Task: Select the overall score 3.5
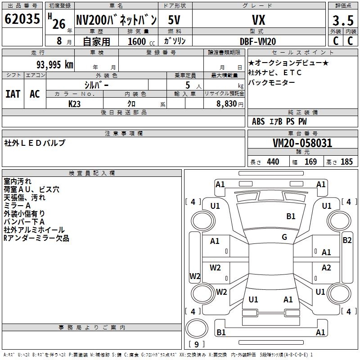pos(342,21)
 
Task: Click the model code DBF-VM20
pos(258,41)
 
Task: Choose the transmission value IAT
pos(13,94)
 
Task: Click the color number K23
pos(75,103)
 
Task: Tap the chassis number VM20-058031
pos(302,144)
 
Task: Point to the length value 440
pos(273,162)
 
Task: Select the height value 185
pos(346,162)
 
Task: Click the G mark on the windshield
pos(284,237)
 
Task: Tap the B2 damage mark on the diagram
pos(347,240)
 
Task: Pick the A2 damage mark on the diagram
pos(326,268)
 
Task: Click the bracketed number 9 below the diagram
pos(197,344)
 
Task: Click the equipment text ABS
pos(258,121)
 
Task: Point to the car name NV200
pos(90,20)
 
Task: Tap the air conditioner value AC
pos(35,94)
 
